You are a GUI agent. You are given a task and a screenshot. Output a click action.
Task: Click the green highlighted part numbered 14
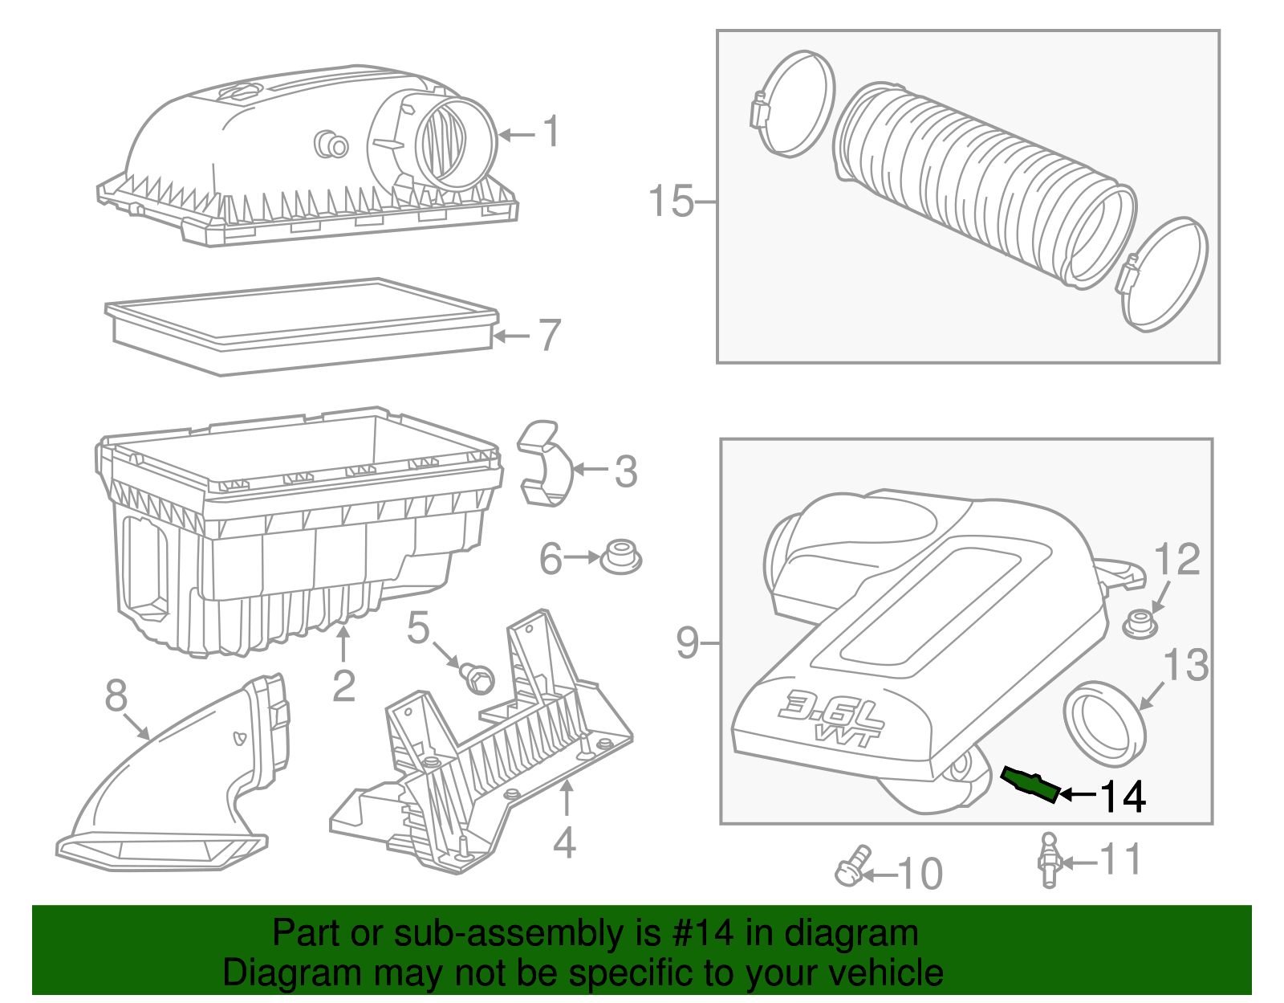click(1030, 784)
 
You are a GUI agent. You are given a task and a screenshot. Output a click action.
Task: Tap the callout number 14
click(1122, 797)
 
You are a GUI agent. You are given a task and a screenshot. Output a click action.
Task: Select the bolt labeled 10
click(852, 867)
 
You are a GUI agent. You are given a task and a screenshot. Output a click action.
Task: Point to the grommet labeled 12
click(1138, 623)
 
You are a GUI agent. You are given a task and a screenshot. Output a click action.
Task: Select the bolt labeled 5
click(477, 677)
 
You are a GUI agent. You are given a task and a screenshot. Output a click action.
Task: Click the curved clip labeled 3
click(544, 463)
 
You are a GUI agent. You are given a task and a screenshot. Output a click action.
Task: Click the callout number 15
click(671, 201)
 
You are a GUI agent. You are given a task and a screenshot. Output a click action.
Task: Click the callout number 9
click(688, 643)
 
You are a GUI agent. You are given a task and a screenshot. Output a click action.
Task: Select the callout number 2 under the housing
click(343, 686)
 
